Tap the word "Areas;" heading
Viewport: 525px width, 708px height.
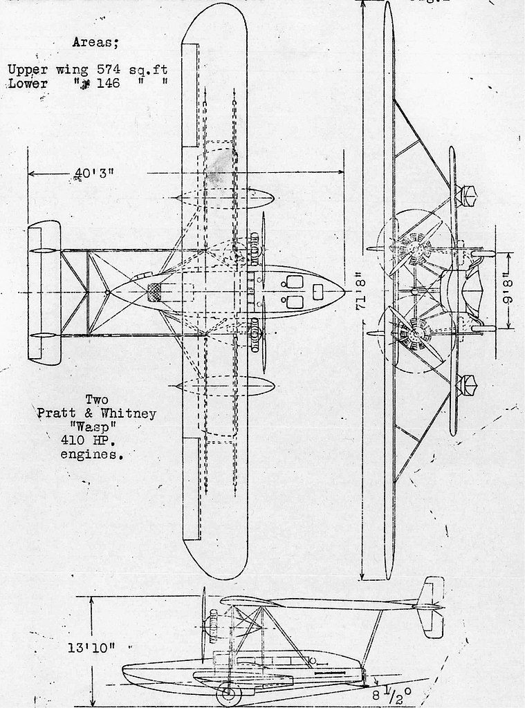95,43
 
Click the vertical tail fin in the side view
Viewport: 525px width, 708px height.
433,606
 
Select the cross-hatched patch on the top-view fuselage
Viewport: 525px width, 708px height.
156,292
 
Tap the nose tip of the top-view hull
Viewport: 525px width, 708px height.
344,292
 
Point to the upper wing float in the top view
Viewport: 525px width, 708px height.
224,198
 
